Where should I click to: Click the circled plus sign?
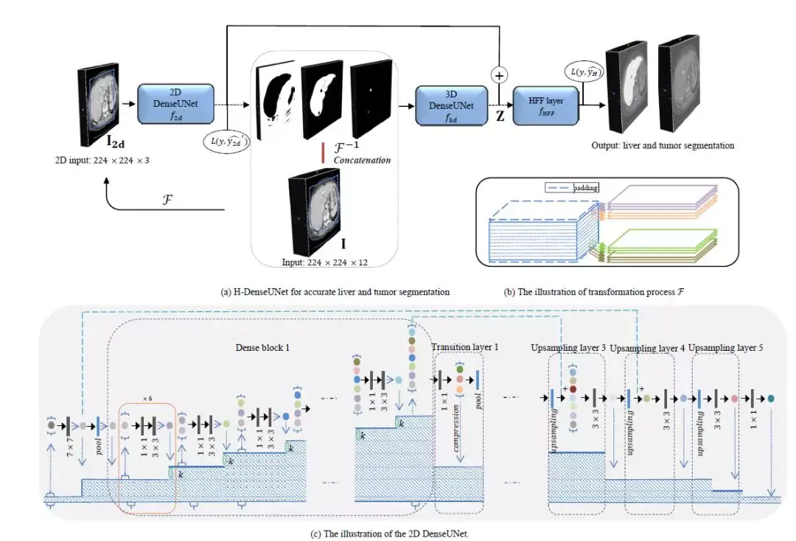tap(500, 76)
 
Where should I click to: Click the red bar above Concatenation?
tap(322, 152)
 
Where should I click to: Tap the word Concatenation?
tap(362, 160)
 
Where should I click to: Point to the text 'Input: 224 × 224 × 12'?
tap(324, 262)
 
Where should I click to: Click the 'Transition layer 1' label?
tap(465, 346)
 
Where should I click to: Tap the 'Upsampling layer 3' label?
tap(568, 346)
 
